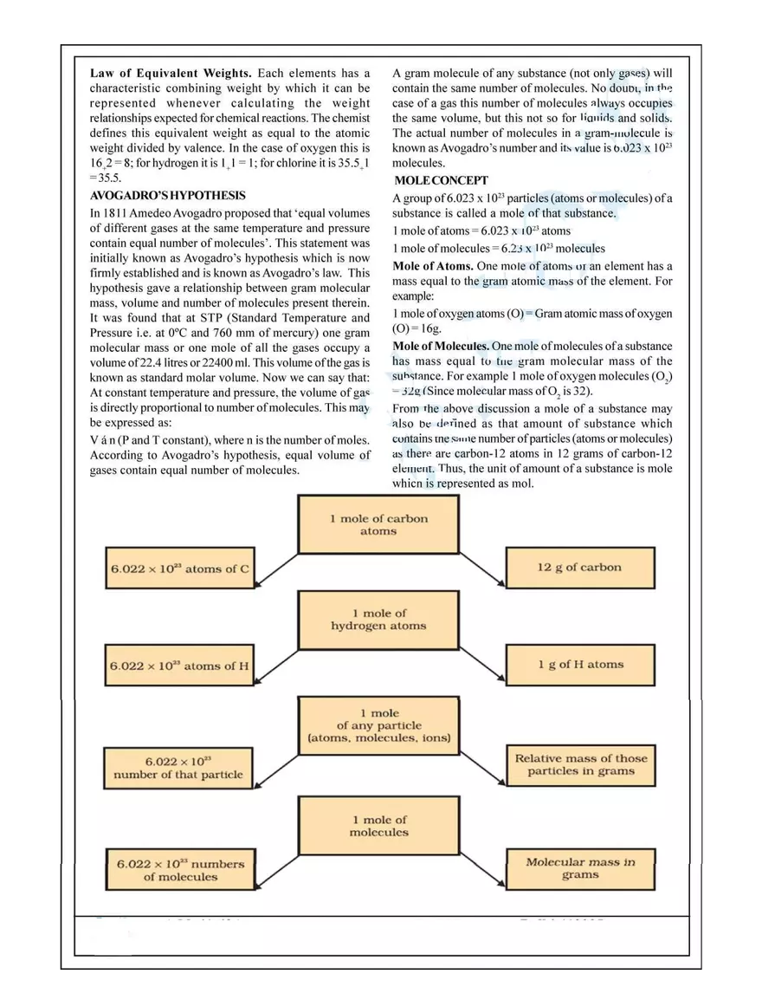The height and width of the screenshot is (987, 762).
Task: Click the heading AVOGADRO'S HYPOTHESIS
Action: click(x=168, y=196)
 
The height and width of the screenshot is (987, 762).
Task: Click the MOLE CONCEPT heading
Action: click(x=442, y=180)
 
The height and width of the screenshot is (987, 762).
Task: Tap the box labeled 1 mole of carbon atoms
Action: click(x=378, y=524)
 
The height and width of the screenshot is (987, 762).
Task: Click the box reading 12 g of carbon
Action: click(x=579, y=568)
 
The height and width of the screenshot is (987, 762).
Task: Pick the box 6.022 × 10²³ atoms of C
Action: click(x=179, y=569)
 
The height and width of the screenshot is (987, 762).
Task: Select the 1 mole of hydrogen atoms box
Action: click(x=378, y=620)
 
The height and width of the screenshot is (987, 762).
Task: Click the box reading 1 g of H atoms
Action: click(x=579, y=665)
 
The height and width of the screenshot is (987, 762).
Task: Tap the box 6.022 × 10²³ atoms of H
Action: click(x=179, y=666)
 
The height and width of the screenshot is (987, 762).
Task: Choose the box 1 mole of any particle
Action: click(x=378, y=726)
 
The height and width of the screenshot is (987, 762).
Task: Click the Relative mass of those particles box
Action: click(x=581, y=764)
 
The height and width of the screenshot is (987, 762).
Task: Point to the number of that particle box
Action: click(x=178, y=768)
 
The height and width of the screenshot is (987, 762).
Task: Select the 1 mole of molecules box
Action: click(x=378, y=826)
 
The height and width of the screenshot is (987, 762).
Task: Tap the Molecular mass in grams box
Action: click(x=580, y=868)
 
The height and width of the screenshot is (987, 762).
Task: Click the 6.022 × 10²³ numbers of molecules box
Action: click(x=181, y=870)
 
